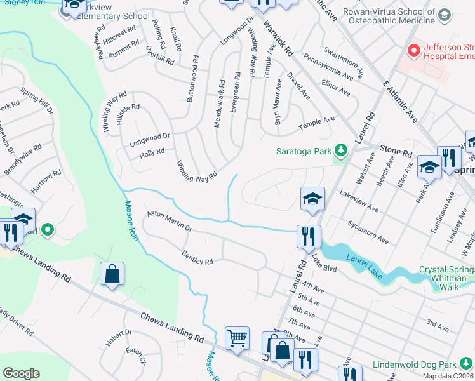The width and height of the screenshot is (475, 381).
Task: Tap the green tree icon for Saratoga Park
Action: click(342, 150)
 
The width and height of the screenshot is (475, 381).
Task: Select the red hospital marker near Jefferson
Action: click(414, 49)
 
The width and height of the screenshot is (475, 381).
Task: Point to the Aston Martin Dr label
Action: click(169, 222)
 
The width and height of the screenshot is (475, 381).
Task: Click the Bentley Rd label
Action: click(197, 258)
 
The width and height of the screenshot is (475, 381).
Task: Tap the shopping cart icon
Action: click(237, 338)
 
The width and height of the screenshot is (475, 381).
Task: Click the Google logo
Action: click(21, 373)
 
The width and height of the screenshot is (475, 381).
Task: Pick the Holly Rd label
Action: click(152, 152)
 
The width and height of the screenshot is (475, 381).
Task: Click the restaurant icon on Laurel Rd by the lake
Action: click(309, 237)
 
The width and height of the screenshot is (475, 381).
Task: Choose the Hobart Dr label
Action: click(118, 337)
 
